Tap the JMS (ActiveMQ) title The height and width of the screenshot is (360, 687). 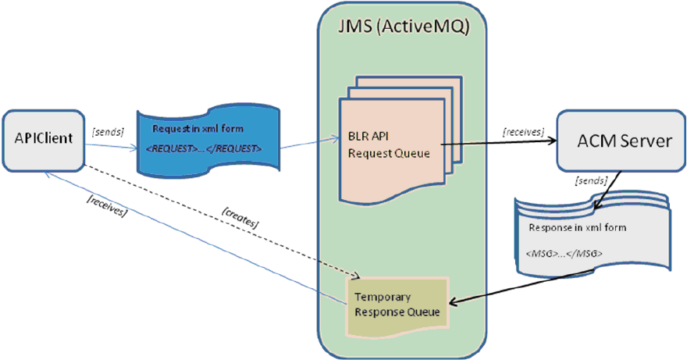pos(403,29)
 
